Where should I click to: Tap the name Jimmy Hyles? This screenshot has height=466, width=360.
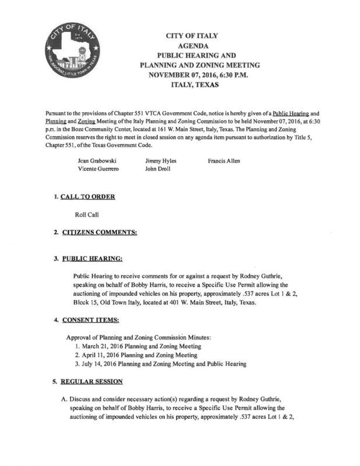tap(161, 160)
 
